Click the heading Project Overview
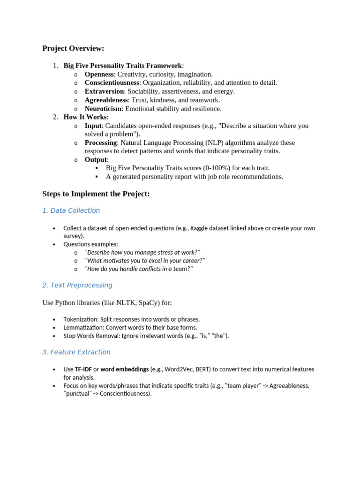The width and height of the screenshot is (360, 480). (x=73, y=48)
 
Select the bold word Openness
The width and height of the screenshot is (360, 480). (x=99, y=74)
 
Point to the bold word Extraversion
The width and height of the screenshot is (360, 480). (x=104, y=91)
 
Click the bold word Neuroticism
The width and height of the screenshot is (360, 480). (x=103, y=108)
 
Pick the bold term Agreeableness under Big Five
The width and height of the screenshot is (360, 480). (x=106, y=100)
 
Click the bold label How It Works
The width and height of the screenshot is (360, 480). (x=85, y=117)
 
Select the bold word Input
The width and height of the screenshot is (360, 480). (x=93, y=126)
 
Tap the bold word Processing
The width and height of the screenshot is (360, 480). (x=100, y=142)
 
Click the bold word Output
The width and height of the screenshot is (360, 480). (x=96, y=159)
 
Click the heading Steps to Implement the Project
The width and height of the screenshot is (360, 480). (x=96, y=194)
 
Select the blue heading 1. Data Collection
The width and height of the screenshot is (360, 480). (x=71, y=210)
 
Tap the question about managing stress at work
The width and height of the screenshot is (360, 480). (x=142, y=252)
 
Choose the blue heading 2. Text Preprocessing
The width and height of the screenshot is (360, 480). (x=77, y=285)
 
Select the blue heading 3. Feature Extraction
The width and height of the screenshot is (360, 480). (x=76, y=352)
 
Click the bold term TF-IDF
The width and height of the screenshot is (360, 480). (x=83, y=369)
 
